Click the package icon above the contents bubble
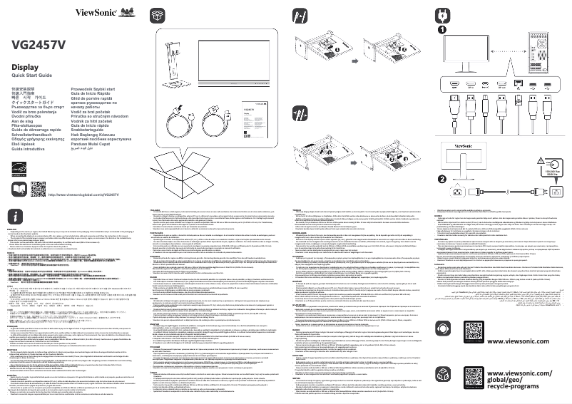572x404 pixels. click(156, 15)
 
